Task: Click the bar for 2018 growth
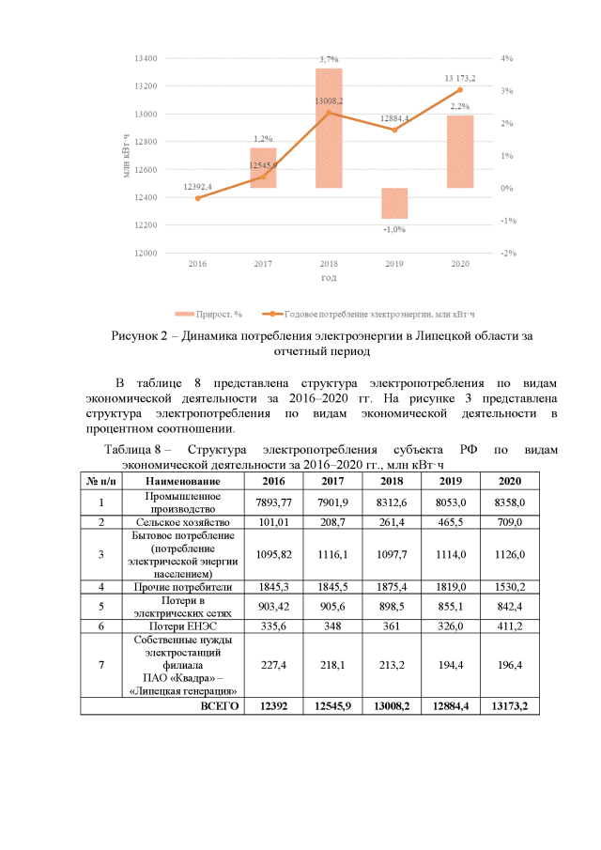point(329,128)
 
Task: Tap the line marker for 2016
point(197,198)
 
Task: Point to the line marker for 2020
point(460,89)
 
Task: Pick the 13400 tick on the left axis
point(146,58)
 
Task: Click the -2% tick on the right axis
point(506,254)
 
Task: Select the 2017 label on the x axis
point(263,265)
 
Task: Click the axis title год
point(329,278)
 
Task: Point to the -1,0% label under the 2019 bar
point(394,229)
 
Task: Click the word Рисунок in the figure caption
point(139,336)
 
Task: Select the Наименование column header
point(182,480)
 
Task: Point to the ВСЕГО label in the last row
point(220,704)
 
